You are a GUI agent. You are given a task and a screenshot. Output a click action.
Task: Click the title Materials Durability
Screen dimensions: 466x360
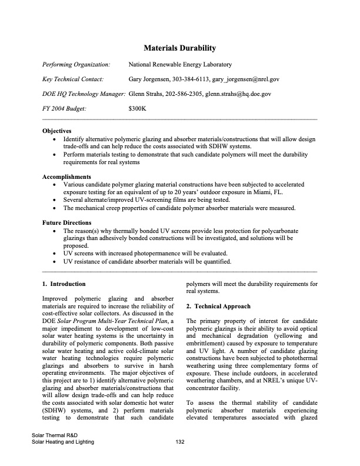180,48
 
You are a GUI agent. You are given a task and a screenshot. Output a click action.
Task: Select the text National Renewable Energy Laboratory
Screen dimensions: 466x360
179,64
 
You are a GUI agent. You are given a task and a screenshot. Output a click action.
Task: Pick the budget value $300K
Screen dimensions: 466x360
137,108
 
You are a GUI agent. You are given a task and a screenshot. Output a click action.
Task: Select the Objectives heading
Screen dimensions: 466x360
57,131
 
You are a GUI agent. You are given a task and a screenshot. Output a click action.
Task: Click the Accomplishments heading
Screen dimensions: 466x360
66,177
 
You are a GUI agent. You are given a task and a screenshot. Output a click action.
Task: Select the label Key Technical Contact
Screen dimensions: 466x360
74,79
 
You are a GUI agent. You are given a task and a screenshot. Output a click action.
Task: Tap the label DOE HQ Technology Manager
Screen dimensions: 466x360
84,94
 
